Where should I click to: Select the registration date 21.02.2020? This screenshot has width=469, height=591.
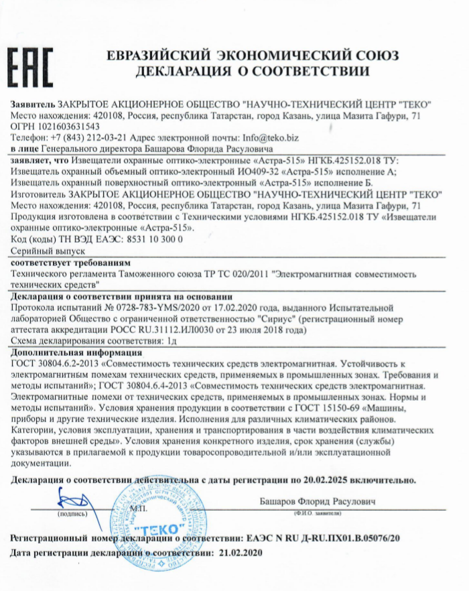[x=237, y=554]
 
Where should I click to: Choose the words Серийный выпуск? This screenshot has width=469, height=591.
[x=44, y=249]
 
